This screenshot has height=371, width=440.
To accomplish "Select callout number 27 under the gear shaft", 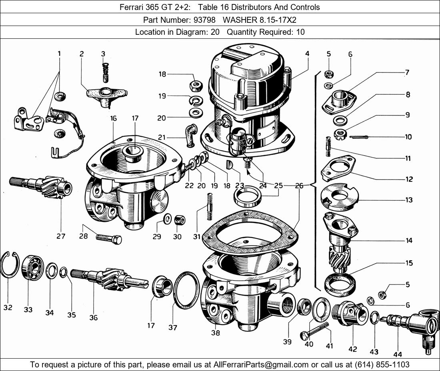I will pos(60,236).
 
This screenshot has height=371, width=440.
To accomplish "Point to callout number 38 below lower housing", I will pos(215,333).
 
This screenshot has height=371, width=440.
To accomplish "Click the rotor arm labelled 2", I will pos(106,94).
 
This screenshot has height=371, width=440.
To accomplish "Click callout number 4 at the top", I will pos(307,54).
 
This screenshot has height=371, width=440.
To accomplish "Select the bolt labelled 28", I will pos(109,239).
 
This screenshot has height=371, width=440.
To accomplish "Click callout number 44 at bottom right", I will pos(398,354).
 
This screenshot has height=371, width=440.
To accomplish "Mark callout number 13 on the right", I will pos(408,200).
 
